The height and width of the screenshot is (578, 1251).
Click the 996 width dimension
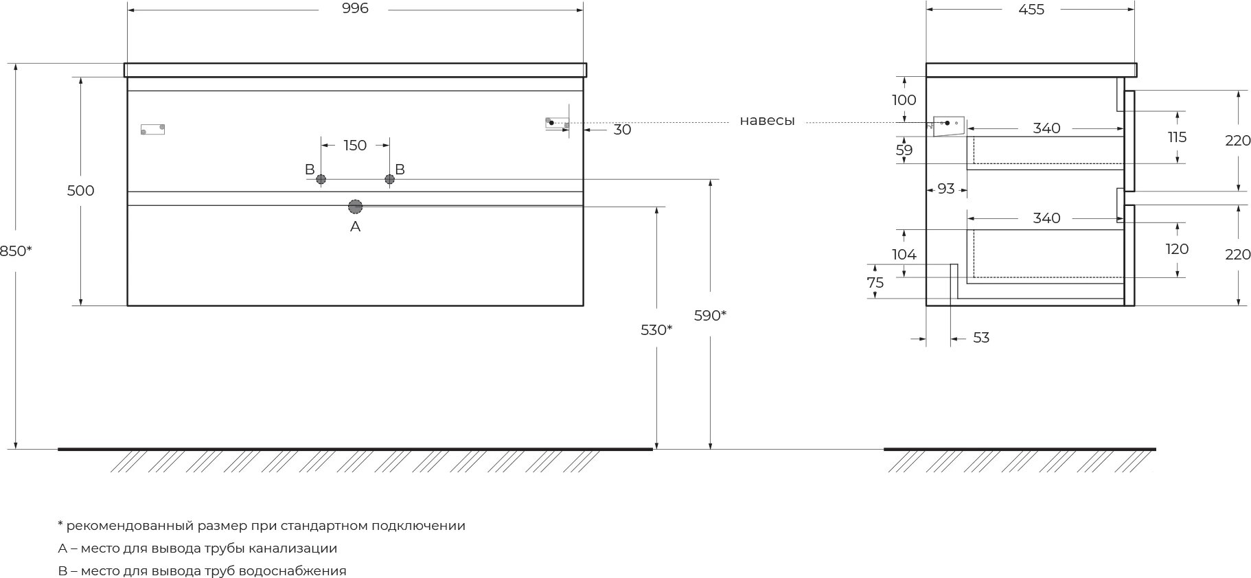coord(355,9)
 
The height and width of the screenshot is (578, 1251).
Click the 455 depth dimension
coord(1031,10)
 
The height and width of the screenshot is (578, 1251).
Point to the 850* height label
coord(16,251)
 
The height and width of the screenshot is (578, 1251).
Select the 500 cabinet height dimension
coord(80,191)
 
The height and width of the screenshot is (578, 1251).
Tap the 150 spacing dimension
coord(355,146)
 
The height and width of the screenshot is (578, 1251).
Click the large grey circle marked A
coord(355,207)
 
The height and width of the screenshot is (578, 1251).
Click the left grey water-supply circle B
coord(321,180)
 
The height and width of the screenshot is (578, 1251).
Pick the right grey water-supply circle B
coord(390,180)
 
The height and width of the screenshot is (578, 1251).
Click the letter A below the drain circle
coord(355,227)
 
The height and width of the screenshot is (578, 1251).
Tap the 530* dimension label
coord(656,330)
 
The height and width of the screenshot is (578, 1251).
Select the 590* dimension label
coord(710,316)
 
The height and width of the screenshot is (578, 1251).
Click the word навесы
coord(767,122)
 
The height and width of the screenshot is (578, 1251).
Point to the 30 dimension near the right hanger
coord(622,130)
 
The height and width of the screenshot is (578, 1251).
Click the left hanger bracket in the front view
coord(152,129)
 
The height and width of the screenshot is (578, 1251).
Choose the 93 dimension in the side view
coord(946,189)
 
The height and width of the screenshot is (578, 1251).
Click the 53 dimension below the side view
coord(981,338)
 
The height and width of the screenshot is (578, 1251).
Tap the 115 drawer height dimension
coord(1177,137)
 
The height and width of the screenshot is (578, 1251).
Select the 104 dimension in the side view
coord(904,255)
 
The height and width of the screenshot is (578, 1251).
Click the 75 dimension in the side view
coord(875,283)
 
